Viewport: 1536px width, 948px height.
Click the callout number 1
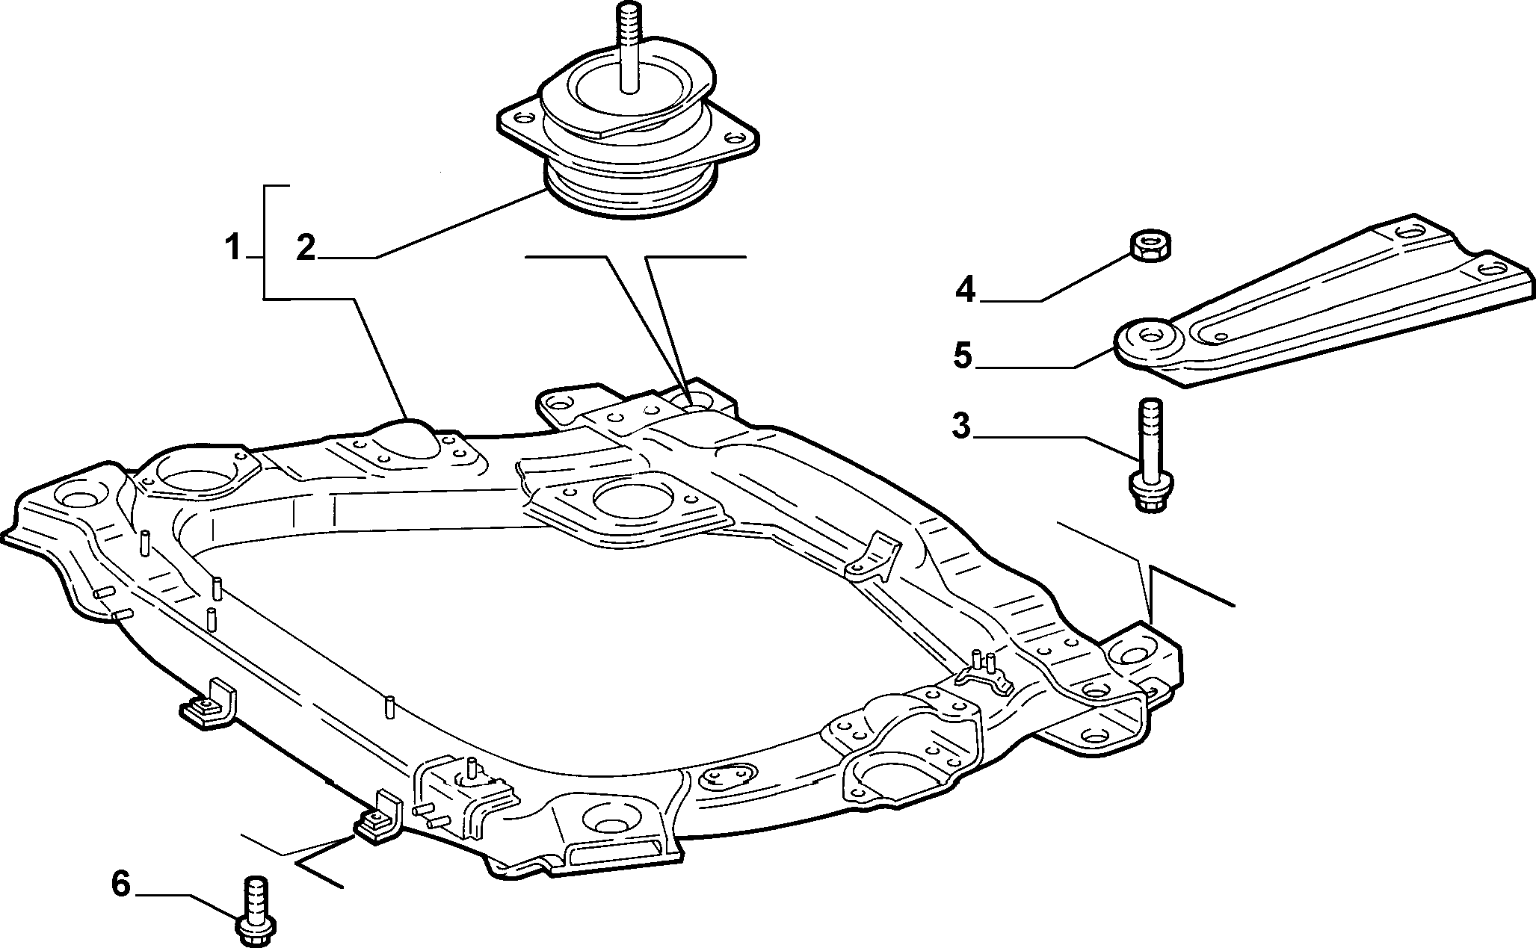point(234,247)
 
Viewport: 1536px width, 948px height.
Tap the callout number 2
point(306,247)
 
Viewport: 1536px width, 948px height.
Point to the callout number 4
point(966,289)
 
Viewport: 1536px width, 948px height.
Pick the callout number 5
point(963,356)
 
